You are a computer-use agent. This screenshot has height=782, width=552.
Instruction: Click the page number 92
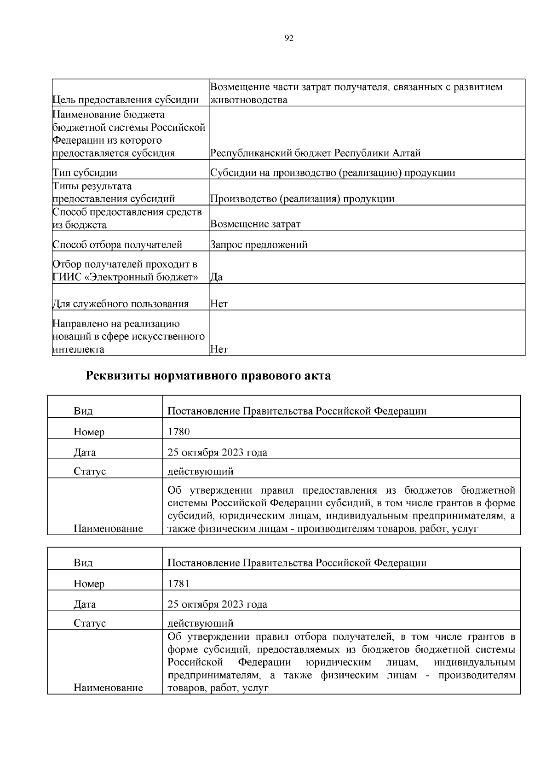click(x=289, y=38)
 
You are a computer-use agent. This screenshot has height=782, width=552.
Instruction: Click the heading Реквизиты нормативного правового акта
click(x=208, y=376)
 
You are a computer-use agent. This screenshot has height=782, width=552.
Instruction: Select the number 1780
click(x=178, y=432)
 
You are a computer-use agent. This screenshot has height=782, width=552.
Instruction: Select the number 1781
click(x=178, y=584)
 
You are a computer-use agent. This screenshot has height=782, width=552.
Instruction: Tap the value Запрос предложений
click(x=259, y=245)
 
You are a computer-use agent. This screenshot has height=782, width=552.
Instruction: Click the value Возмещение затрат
click(x=255, y=224)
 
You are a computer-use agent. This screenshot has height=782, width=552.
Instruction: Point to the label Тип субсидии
click(x=85, y=173)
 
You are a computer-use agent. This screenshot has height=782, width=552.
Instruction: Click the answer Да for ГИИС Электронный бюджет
click(x=216, y=277)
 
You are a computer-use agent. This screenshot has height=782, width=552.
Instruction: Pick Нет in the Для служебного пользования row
click(x=219, y=304)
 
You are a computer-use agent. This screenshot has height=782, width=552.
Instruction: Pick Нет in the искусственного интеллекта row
click(x=219, y=349)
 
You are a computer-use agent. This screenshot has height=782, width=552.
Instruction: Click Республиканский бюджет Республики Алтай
click(x=315, y=153)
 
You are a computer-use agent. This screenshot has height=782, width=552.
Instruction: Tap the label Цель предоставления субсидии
click(x=126, y=100)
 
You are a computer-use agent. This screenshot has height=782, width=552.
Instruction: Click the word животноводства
click(x=248, y=100)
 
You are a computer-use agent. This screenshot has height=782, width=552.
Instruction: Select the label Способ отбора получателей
click(x=117, y=245)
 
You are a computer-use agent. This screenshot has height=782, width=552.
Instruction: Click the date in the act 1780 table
click(x=217, y=452)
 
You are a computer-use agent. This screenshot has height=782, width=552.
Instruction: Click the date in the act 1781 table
click(x=217, y=604)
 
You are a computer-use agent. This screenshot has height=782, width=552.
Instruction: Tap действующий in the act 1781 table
click(x=201, y=623)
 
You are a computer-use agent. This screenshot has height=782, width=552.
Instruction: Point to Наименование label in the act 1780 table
click(x=108, y=528)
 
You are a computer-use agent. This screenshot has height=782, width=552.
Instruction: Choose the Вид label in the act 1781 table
click(x=83, y=563)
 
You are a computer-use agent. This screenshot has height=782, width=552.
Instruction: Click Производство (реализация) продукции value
click(x=302, y=199)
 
